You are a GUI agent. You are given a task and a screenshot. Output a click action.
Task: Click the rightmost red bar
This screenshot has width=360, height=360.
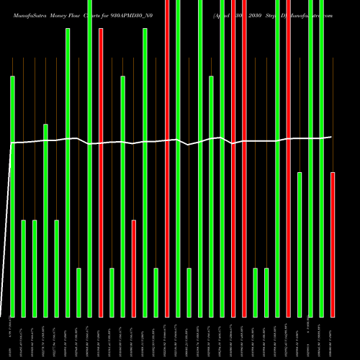coord(332,244)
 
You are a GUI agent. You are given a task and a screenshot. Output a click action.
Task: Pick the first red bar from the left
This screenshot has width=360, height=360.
coord(101,172)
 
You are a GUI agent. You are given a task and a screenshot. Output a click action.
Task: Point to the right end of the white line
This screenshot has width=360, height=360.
coord(331,137)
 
